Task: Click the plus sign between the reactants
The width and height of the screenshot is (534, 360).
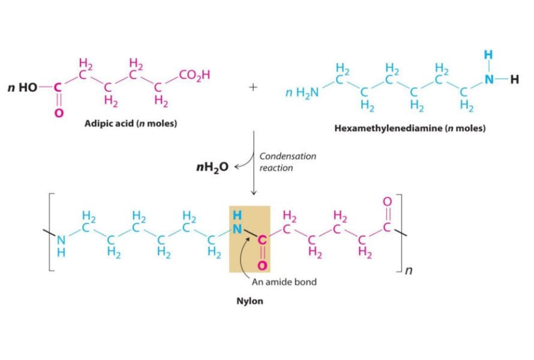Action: pos(254,87)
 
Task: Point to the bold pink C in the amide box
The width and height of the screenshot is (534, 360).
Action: pos(262,240)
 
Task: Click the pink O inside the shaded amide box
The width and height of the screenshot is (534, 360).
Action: pos(262,265)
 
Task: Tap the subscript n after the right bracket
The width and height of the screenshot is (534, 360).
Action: pos(409,271)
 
